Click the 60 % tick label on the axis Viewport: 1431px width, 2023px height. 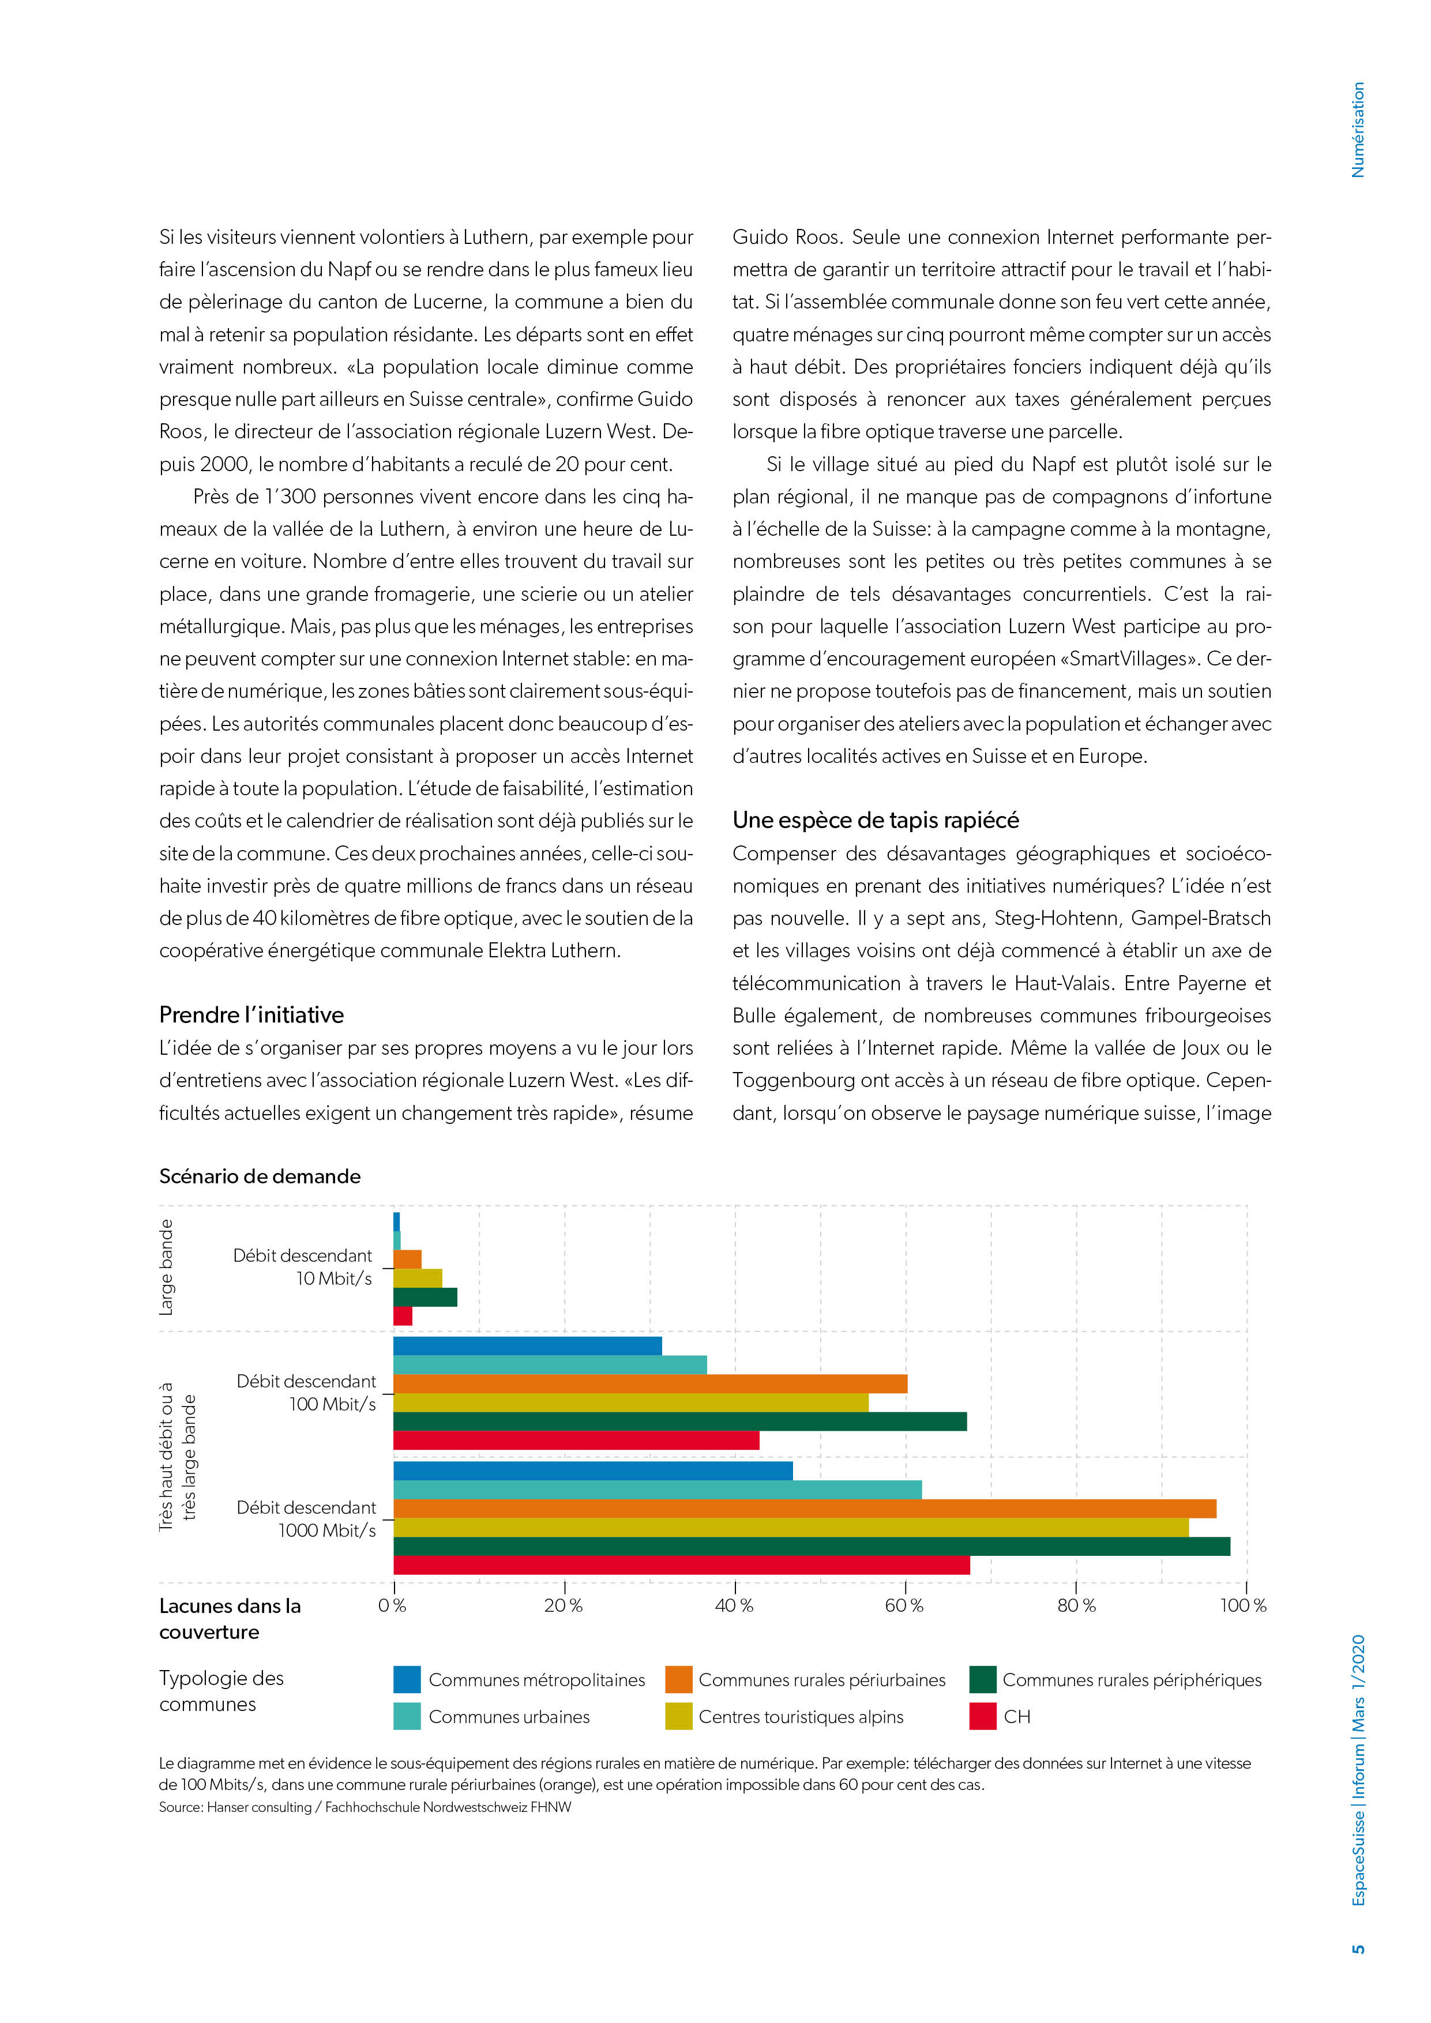904,1605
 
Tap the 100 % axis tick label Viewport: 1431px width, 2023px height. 1242,1605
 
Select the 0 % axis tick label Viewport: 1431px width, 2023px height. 392,1605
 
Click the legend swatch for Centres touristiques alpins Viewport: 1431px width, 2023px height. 678,1716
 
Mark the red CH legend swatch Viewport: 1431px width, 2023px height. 982,1716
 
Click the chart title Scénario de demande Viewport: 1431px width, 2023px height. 260,1176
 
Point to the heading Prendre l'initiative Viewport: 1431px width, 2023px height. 251,1015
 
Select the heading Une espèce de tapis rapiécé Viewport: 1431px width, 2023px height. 875,820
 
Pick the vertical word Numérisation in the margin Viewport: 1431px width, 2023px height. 1358,130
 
